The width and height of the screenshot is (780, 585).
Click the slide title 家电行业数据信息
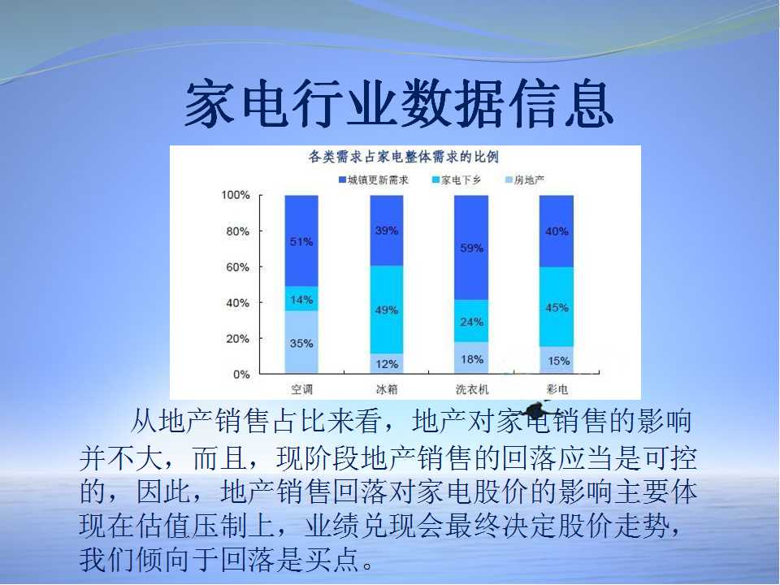coord(399,104)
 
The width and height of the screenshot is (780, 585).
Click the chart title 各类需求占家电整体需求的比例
coord(404,157)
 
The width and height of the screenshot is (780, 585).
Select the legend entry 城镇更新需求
coord(374,180)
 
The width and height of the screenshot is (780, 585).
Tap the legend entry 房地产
coord(526,180)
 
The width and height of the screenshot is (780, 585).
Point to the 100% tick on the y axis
coord(236,195)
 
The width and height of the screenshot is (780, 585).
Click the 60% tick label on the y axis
coord(238,267)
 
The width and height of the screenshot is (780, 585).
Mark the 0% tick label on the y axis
coord(241,375)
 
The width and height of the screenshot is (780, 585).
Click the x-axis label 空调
coord(302,389)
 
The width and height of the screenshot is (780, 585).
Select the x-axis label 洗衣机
coord(472,389)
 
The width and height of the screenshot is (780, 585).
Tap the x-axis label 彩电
coord(557,389)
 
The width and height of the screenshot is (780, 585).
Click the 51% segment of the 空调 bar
coord(301,240)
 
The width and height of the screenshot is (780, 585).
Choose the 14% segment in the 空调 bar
coord(301,299)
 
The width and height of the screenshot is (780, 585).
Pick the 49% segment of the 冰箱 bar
coord(387,310)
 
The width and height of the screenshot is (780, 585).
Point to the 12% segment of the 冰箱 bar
coord(387,364)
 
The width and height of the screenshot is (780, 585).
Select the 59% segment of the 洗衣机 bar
coord(471,247)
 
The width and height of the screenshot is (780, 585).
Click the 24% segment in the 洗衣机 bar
coord(471,321)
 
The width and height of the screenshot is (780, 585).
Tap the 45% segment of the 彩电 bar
coord(557,307)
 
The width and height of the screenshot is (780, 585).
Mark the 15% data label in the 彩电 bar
coord(559,361)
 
